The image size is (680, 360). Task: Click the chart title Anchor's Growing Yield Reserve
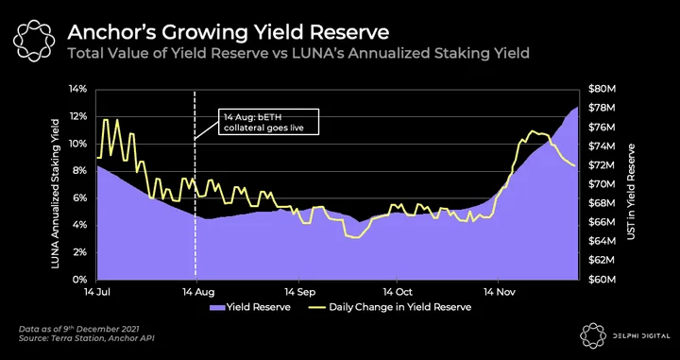pyautogui.click(x=229, y=33)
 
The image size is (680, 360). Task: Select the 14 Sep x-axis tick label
pyautogui.click(x=298, y=292)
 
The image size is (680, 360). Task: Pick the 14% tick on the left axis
pyautogui.click(x=77, y=90)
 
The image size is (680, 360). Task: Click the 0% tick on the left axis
pyautogui.click(x=79, y=280)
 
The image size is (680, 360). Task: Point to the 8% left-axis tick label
pyautogui.click(x=79, y=171)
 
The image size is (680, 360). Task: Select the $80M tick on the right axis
pyautogui.click(x=602, y=90)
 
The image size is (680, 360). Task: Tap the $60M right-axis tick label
pyautogui.click(x=602, y=280)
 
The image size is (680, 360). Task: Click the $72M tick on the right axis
pyautogui.click(x=602, y=165)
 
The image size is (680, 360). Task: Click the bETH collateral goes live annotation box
pyautogui.click(x=268, y=122)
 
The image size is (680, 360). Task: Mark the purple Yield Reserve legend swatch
pyautogui.click(x=217, y=307)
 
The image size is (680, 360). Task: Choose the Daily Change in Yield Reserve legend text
pyautogui.click(x=399, y=307)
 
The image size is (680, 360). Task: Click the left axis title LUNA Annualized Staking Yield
pyautogui.click(x=56, y=193)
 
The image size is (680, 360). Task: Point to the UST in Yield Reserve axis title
pyautogui.click(x=631, y=192)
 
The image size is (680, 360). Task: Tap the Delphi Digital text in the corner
pyautogui.click(x=641, y=336)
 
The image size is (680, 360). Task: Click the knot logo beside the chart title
pyautogui.click(x=34, y=41)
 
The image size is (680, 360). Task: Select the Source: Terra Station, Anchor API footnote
pyautogui.click(x=86, y=338)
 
